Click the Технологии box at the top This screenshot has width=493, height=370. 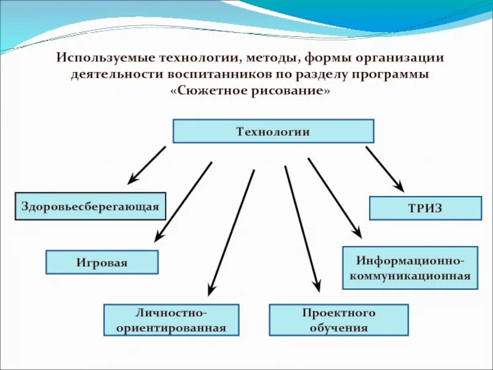coord(273,131)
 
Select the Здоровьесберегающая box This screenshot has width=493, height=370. coord(90,207)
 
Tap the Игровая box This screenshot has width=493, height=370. coord(102,262)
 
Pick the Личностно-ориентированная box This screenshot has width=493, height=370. coord(171,319)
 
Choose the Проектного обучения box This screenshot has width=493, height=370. coord(338,319)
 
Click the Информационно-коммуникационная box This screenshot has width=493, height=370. coord(410,268)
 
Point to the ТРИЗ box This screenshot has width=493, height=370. coord(425,208)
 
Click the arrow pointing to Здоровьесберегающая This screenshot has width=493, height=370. coord(147,165)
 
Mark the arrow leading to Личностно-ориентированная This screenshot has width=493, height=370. coord(231,232)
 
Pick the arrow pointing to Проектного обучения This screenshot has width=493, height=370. coord(302,228)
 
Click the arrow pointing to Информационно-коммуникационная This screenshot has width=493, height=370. coord(335,197)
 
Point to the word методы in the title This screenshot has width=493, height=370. coord(271,58)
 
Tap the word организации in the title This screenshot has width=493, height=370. coord(397,58)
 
